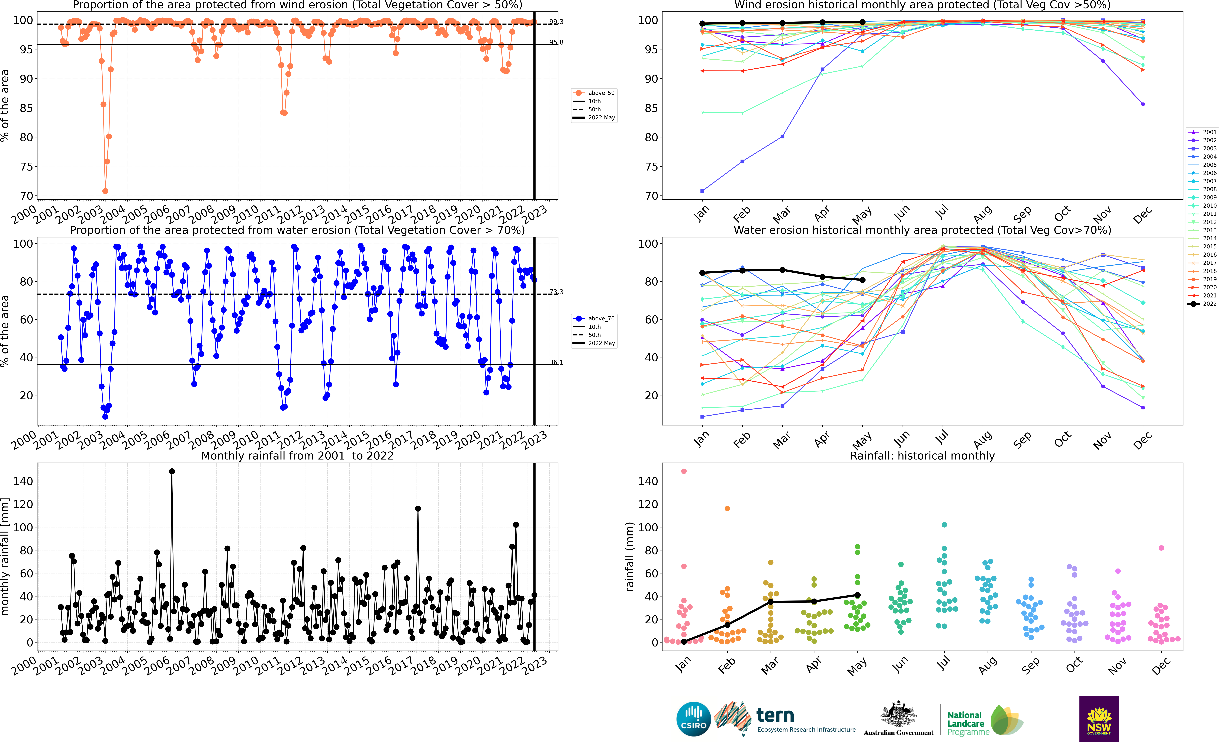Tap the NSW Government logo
(x=1099, y=719)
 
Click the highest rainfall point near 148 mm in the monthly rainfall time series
(x=172, y=471)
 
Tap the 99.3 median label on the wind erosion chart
(x=556, y=22)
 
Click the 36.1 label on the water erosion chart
(x=556, y=363)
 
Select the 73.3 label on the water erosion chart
(x=556, y=292)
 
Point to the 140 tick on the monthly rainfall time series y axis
(x=23, y=481)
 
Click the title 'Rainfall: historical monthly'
(x=922, y=456)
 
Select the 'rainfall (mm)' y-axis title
(x=630, y=557)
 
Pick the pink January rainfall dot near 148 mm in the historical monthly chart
(x=684, y=471)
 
